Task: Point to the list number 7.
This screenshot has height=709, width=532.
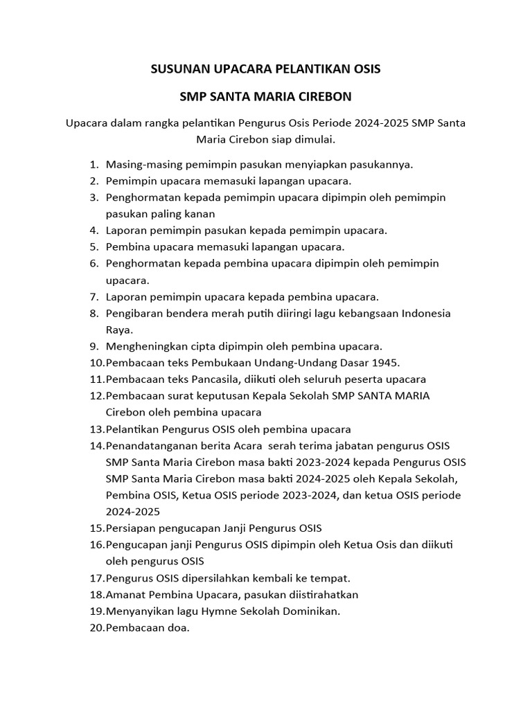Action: [94, 297]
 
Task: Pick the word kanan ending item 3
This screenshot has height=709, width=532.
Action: [201, 214]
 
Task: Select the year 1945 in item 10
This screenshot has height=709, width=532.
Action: [386, 363]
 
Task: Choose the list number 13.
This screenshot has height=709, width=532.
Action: [96, 429]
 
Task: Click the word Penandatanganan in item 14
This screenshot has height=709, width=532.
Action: [149, 446]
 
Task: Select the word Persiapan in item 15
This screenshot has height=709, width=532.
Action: [130, 528]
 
